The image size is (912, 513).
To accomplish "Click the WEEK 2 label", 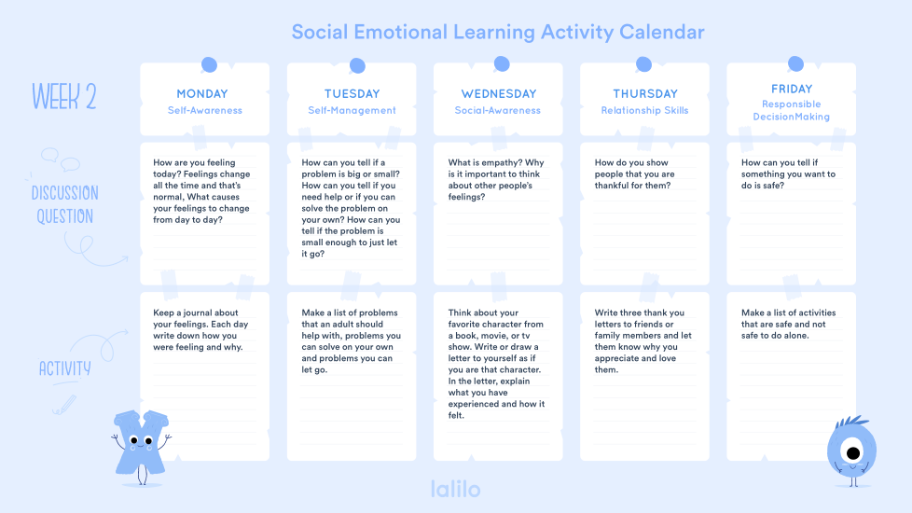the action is pyautogui.click(x=64, y=97).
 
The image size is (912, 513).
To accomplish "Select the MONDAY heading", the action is pyautogui.click(x=202, y=93).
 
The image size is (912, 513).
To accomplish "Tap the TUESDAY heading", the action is pyautogui.click(x=352, y=93).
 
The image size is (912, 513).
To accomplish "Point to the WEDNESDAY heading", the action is pyautogui.click(x=499, y=93).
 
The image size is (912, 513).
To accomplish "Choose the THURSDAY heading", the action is pyautogui.click(x=645, y=93).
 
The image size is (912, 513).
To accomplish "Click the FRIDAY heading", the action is pyautogui.click(x=792, y=89).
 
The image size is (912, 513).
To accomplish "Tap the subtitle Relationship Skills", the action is pyautogui.click(x=644, y=110).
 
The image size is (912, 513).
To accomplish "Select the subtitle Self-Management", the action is pyautogui.click(x=352, y=110).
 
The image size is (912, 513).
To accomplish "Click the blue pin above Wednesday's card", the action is pyautogui.click(x=502, y=64).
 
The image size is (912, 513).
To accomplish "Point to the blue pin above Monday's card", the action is pyautogui.click(x=209, y=65).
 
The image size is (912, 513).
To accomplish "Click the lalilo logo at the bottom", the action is pyautogui.click(x=455, y=489).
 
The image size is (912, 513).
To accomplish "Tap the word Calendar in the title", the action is pyautogui.click(x=662, y=32).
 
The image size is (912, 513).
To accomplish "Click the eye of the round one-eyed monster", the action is pyautogui.click(x=853, y=452).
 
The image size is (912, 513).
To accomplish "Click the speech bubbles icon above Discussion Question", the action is pyautogui.click(x=61, y=159).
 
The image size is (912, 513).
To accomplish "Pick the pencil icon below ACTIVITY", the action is pyautogui.click(x=64, y=405).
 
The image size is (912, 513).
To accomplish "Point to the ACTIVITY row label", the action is pyautogui.click(x=65, y=368).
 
